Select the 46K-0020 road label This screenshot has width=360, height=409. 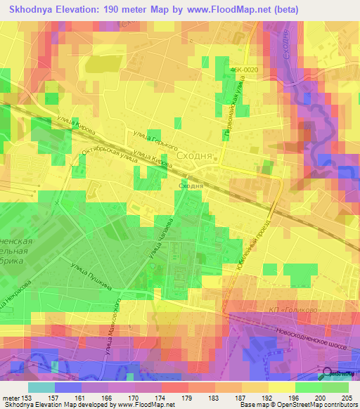(x=243, y=70)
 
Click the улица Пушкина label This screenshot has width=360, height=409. (x=88, y=274)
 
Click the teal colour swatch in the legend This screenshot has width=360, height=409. (x=41, y=387)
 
